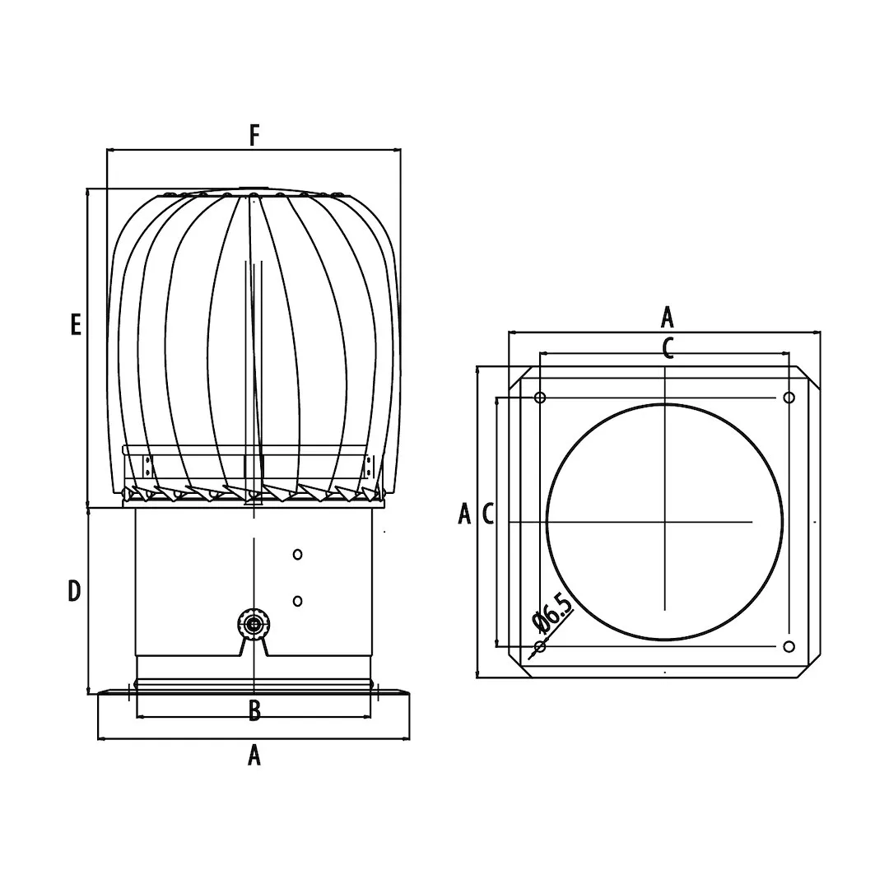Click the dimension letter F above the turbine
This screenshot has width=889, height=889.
coord(254,136)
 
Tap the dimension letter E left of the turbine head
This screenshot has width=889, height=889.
coord(76,325)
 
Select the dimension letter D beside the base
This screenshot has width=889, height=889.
coord(74,591)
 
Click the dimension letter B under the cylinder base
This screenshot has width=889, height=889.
coord(254,710)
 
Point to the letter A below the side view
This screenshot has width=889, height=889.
coord(254,755)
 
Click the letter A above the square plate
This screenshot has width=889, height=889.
coord(668,317)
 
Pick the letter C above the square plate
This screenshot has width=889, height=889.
coord(668,348)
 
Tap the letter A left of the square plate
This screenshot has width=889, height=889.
coord(464,514)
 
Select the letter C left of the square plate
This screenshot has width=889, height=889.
coord(487,514)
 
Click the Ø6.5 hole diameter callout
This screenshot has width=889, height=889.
coord(552,613)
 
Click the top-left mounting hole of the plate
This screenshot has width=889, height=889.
coord(540,398)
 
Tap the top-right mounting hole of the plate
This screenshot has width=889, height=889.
coord(789,398)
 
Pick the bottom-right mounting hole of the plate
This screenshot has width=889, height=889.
coord(789,646)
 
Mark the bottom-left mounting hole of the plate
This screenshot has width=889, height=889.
coord(540,646)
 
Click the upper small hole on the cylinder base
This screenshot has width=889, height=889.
coord(297,554)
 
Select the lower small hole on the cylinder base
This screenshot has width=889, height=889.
coord(297,600)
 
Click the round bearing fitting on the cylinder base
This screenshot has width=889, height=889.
coord(254,625)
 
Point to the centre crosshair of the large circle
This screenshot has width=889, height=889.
coord(664,522)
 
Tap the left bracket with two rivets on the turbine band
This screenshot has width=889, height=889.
coord(147,468)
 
